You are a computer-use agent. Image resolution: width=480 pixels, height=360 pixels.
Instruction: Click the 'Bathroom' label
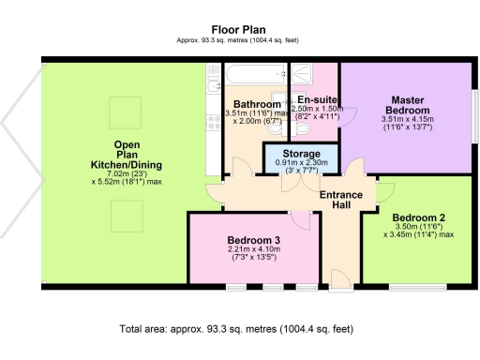tap(257, 104)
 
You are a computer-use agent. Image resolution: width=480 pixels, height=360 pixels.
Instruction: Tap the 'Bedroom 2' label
tap(418, 218)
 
